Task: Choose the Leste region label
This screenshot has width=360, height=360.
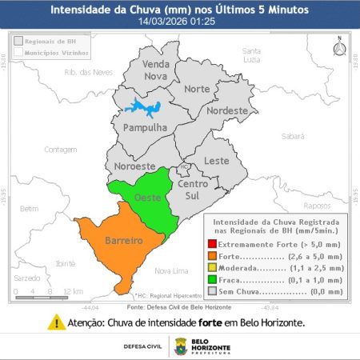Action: (x=216, y=161)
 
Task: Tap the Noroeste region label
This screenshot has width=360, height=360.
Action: (x=134, y=166)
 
